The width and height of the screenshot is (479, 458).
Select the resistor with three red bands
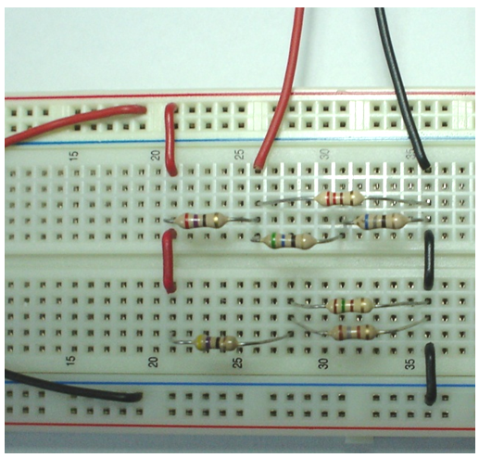[339, 198]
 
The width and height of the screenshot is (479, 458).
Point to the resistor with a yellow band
[216, 342]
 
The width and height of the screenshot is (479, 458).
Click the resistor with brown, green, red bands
[349, 305]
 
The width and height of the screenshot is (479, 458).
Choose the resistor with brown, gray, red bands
[354, 332]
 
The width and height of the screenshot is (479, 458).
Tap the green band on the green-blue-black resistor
[273, 239]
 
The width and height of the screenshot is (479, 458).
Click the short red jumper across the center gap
[169, 261]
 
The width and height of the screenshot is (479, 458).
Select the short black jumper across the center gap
[429, 260]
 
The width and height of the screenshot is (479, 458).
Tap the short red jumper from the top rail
[170, 140]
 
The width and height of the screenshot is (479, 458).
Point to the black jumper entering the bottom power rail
[430, 374]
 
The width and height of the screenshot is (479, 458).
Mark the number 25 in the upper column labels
[240, 155]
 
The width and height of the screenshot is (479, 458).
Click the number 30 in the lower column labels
[324, 363]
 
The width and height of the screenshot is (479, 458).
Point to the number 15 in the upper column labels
[74, 156]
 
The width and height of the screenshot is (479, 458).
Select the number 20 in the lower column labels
[154, 362]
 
